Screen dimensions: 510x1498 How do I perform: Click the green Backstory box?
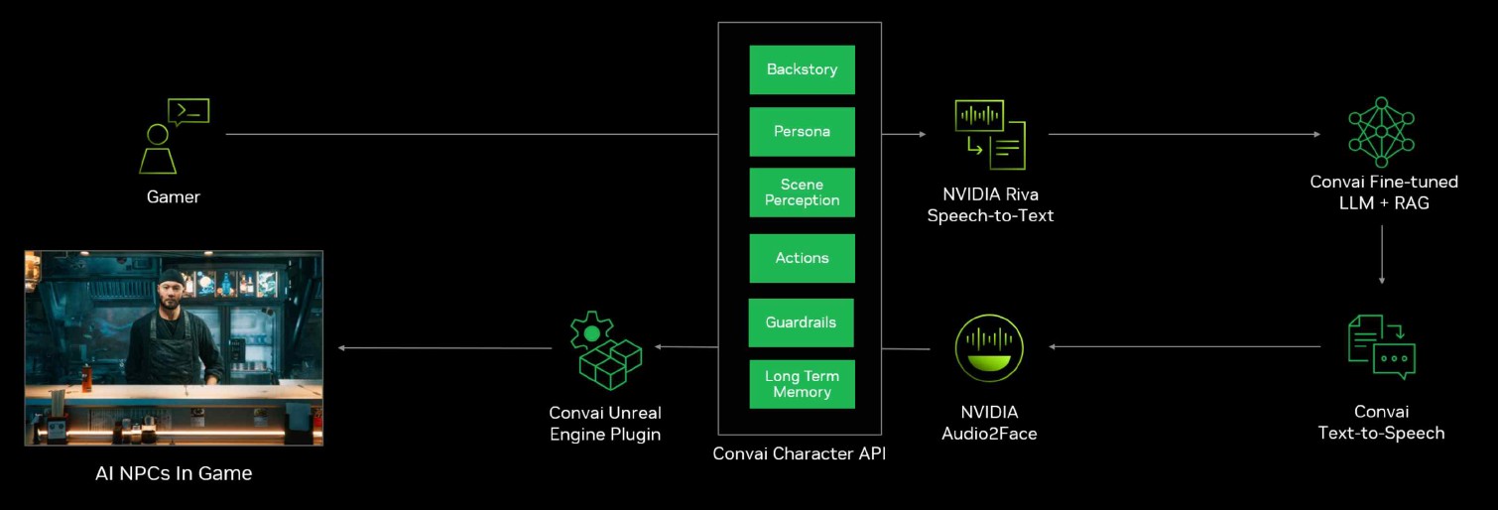click(802, 69)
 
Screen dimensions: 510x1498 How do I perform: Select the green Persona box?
click(802, 131)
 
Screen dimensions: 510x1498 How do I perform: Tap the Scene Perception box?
click(802, 192)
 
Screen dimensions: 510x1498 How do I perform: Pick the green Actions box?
click(802, 258)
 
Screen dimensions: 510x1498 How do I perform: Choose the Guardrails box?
click(801, 322)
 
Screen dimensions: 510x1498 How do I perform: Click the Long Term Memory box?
click(802, 384)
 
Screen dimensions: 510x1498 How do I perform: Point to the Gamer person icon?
click(159, 147)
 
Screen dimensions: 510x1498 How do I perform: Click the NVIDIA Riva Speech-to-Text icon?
click(989, 134)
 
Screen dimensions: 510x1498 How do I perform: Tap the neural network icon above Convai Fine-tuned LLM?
click(1381, 131)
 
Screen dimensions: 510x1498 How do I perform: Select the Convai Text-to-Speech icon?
click(1381, 346)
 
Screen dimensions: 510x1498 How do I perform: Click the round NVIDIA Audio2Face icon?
click(989, 348)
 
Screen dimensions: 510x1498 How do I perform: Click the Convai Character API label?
click(800, 454)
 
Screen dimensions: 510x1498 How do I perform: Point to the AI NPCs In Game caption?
click(174, 473)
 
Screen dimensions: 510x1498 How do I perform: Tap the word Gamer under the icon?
click(174, 197)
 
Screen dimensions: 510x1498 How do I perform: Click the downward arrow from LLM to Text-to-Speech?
click(1382, 254)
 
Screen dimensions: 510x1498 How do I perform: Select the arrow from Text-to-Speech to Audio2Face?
click(1186, 346)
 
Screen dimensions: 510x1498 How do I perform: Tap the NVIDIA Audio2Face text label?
click(989, 423)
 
